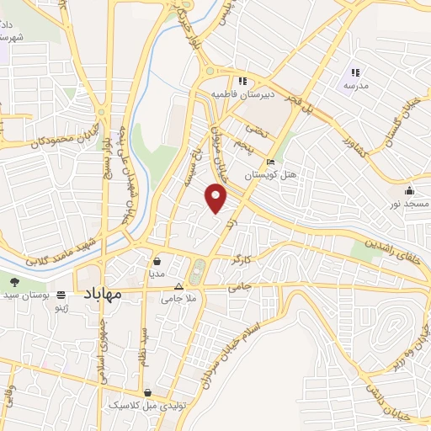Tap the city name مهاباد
pyautogui.click(x=104, y=294)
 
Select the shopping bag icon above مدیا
pyautogui.click(x=157, y=261)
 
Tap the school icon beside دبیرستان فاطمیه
pyautogui.click(x=242, y=82)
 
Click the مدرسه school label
pyautogui.click(x=354, y=87)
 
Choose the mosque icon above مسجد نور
pyautogui.click(x=409, y=191)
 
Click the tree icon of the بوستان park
pyautogui.click(x=14, y=281)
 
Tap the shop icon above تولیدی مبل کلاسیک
pyautogui.click(x=148, y=392)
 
